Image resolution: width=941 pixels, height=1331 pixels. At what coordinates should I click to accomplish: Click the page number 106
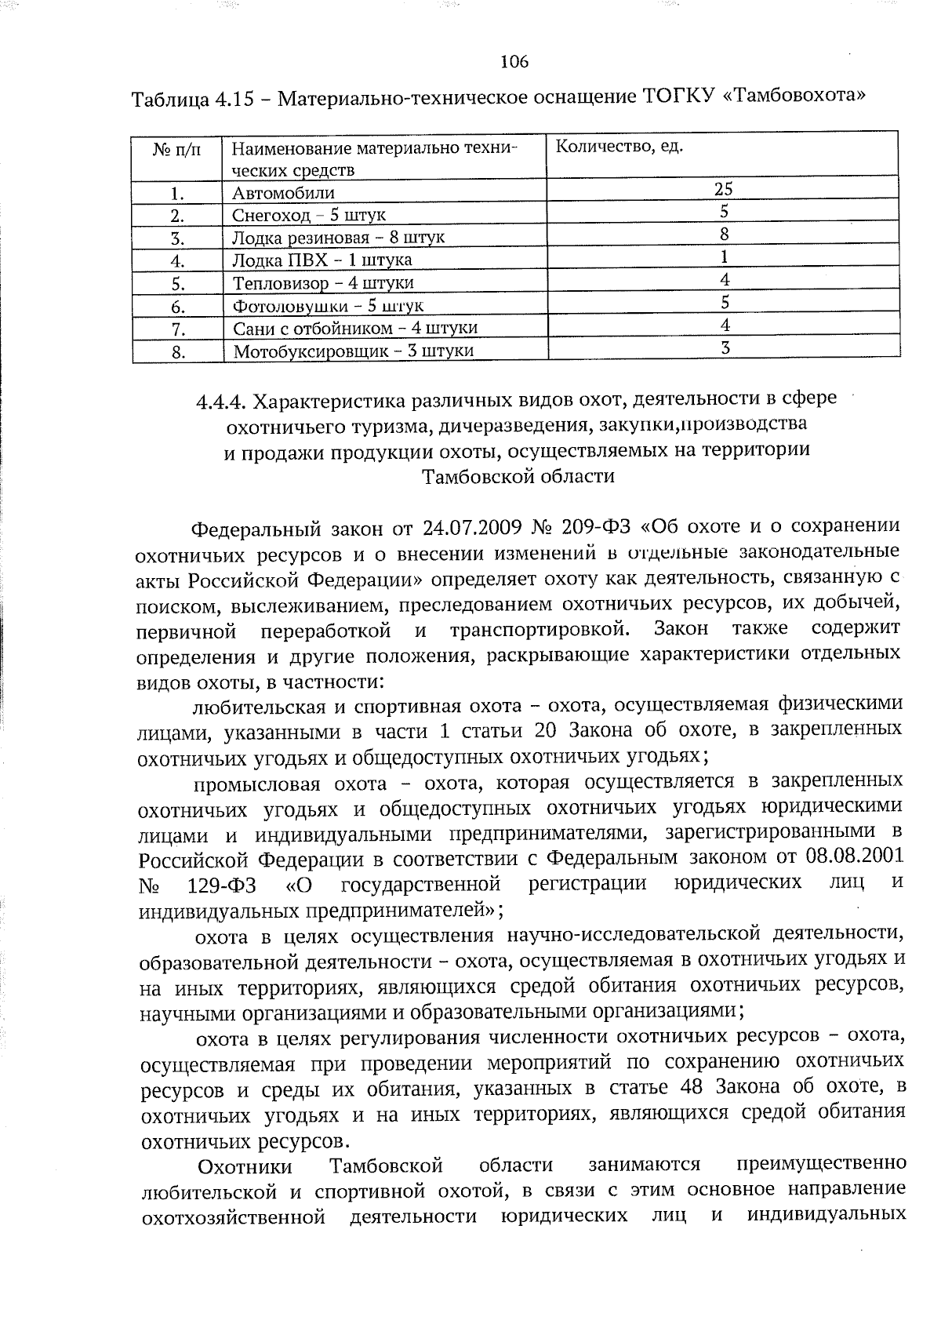click(x=514, y=61)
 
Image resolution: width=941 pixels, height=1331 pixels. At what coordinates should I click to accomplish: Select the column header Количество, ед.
click(x=619, y=147)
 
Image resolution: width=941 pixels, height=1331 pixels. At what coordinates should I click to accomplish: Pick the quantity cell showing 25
click(x=723, y=188)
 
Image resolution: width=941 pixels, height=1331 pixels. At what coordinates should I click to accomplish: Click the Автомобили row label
click(x=283, y=193)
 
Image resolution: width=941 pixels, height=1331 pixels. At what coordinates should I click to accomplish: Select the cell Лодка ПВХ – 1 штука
click(x=322, y=260)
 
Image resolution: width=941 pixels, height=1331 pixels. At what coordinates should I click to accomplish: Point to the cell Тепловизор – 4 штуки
click(x=323, y=282)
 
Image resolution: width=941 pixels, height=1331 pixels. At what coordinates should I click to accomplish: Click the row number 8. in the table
click(x=178, y=351)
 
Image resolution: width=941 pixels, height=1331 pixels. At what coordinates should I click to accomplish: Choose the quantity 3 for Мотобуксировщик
click(x=725, y=347)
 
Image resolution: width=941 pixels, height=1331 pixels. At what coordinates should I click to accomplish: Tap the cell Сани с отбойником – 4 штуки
click(x=355, y=328)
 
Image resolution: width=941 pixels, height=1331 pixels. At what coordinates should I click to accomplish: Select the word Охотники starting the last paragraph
click(x=245, y=1166)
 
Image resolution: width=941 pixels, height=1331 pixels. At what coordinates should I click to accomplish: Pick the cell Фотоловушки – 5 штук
click(x=328, y=305)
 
